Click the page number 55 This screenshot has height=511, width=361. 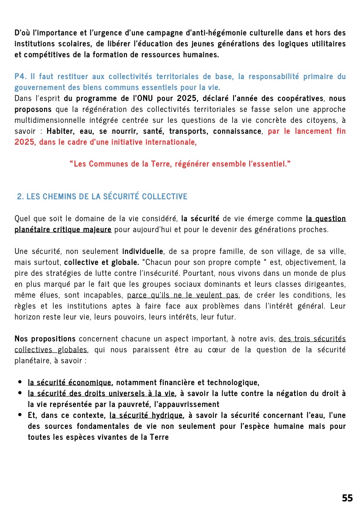(347, 498)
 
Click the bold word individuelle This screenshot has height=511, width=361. (142, 251)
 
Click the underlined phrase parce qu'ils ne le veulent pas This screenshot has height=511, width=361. (182, 295)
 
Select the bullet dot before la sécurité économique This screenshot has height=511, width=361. (20, 382)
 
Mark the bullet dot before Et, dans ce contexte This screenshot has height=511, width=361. (20, 415)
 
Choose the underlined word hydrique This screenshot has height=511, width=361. (167, 415)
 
